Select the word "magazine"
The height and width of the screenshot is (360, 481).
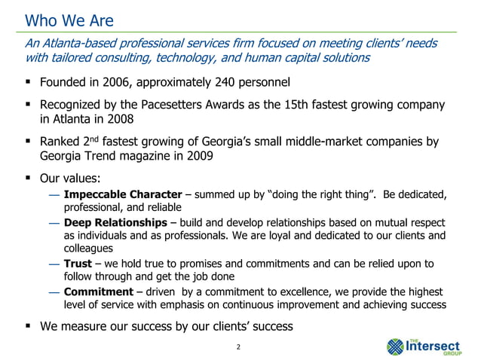click(x=161, y=158)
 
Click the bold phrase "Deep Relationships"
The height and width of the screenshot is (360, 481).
click(x=115, y=223)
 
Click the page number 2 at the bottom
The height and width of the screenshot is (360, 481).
click(x=237, y=347)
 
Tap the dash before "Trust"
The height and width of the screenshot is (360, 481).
click(x=53, y=264)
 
